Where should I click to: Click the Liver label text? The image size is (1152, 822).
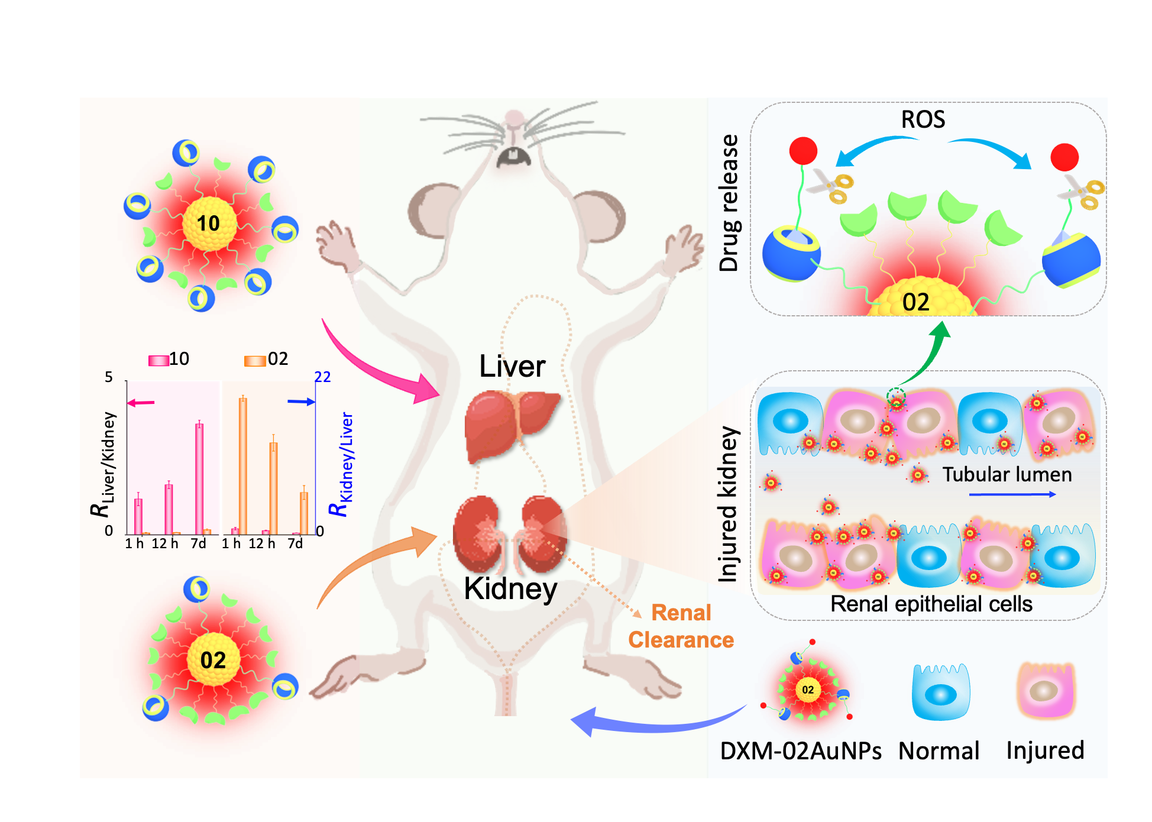click(x=512, y=366)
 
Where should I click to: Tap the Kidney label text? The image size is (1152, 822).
click(x=510, y=588)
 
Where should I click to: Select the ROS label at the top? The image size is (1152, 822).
click(x=923, y=119)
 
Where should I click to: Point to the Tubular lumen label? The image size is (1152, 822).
click(x=1007, y=474)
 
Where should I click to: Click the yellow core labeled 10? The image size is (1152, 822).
click(x=209, y=224)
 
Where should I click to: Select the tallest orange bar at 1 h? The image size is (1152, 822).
click(x=243, y=465)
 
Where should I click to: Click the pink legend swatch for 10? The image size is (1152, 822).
click(x=158, y=360)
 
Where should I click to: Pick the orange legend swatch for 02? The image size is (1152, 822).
click(x=255, y=360)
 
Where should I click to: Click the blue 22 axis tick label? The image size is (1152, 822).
click(x=322, y=377)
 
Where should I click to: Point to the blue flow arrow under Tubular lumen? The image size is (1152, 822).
click(x=1012, y=494)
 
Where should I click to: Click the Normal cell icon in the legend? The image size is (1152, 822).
click(x=940, y=691)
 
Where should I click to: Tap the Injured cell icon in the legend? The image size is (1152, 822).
click(x=1046, y=690)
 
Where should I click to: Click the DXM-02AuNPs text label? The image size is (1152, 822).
click(x=801, y=751)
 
